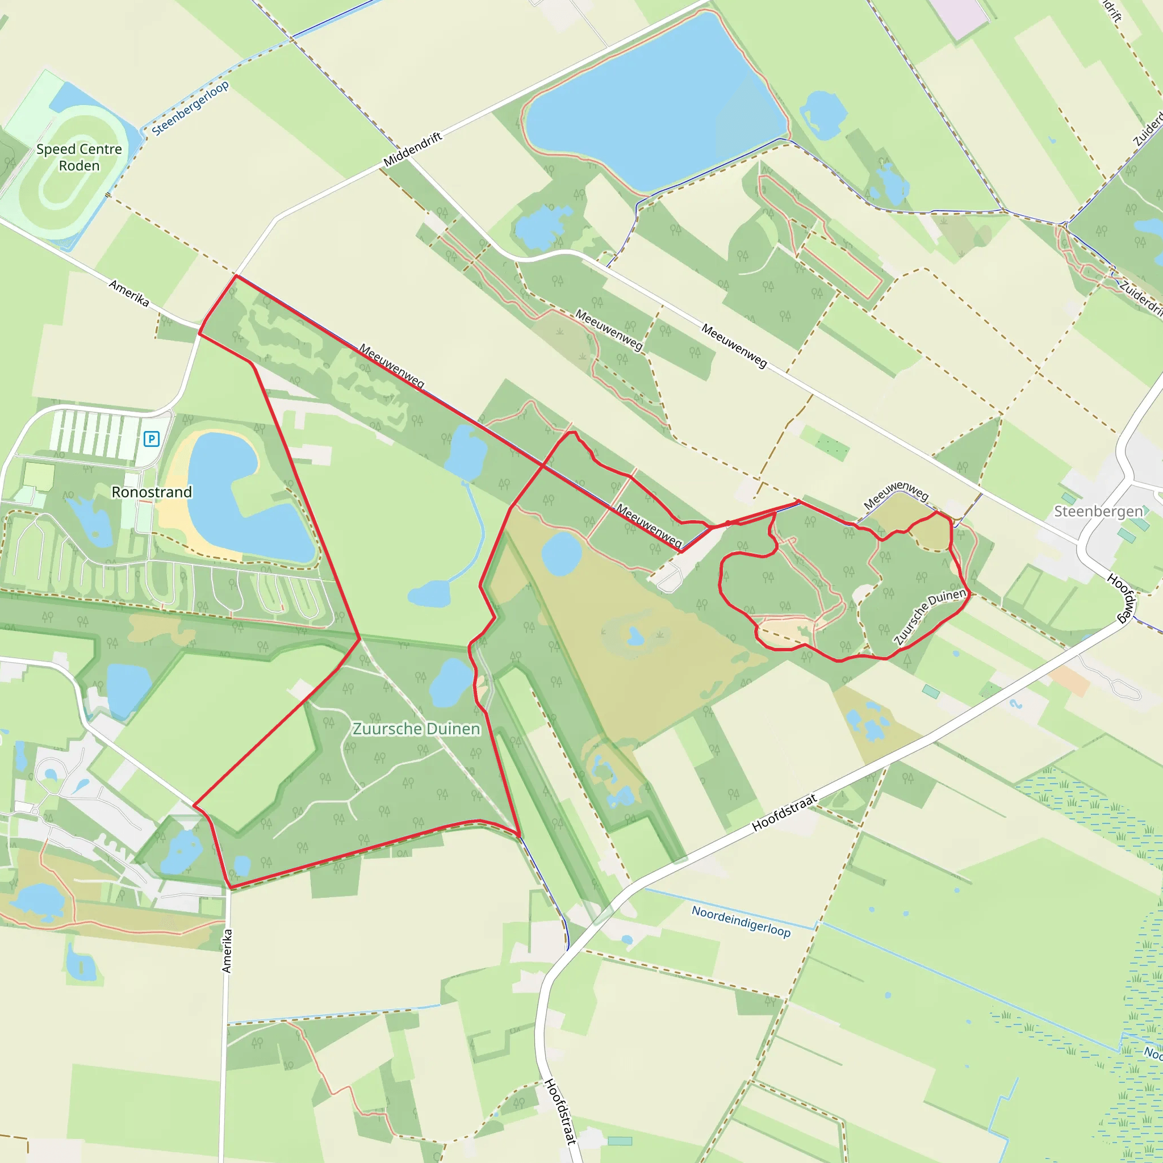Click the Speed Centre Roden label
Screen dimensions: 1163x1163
79,157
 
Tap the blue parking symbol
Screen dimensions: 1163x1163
151,439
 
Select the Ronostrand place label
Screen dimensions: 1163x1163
152,492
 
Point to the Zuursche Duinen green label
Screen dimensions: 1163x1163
416,729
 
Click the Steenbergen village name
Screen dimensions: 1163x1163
1098,511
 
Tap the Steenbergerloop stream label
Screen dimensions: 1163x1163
190,108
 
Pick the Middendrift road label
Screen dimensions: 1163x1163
413,149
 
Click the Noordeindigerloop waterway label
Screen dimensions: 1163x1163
741,921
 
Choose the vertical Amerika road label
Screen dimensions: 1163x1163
227,951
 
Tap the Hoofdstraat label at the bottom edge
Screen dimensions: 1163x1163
560,1111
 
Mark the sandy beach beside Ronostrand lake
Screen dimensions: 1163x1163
171,500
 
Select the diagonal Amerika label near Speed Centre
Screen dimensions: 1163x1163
129,292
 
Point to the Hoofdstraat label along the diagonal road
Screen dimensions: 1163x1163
784,813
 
